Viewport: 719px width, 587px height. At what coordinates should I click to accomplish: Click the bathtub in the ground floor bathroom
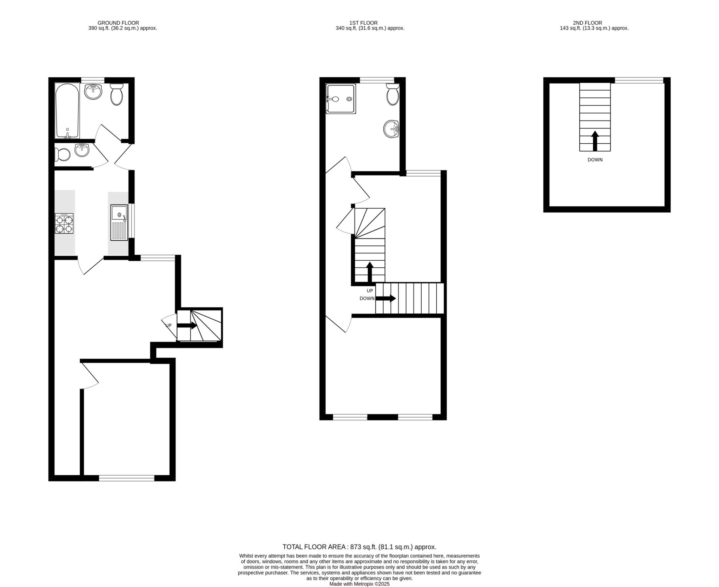67,110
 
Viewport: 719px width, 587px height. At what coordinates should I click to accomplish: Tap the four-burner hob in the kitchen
64,224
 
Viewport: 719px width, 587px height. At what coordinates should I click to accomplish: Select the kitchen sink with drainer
119,222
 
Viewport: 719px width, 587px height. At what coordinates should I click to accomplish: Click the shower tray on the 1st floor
341,99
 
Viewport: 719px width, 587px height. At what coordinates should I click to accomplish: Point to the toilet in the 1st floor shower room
393,94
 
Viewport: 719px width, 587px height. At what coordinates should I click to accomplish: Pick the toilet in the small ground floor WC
62,155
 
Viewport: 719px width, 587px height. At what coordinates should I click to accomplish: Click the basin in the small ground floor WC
82,150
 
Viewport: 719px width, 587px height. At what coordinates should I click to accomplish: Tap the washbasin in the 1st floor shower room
391,129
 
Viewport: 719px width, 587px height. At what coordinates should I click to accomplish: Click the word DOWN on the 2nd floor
595,160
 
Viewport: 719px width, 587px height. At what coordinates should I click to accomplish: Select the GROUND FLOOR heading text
118,23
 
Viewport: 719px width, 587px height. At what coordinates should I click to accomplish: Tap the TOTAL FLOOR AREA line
359,547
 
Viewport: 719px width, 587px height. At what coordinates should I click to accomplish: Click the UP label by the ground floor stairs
169,326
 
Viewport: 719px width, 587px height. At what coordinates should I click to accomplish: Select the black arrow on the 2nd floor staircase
595,141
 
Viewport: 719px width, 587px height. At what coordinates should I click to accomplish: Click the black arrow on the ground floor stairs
187,325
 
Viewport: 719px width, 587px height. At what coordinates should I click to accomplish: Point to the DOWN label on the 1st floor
367,299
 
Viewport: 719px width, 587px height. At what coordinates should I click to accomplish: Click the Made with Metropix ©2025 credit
359,584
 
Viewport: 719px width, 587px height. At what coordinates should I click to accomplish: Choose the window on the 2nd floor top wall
639,80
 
